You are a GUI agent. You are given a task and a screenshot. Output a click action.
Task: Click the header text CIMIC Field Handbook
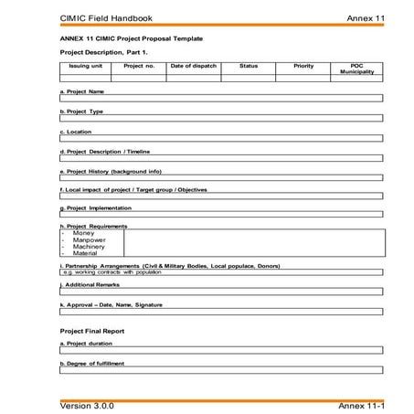click(105, 17)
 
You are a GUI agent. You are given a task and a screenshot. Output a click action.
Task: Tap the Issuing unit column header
click(85, 66)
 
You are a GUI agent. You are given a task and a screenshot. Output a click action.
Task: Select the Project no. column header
click(139, 66)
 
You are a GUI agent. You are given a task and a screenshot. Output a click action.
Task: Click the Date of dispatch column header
click(193, 66)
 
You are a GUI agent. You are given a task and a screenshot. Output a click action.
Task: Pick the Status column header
click(249, 66)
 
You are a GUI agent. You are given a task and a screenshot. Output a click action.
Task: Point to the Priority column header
click(303, 66)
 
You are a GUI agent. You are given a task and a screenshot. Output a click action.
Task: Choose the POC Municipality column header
click(356, 69)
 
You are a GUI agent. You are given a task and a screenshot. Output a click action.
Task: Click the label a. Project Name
click(82, 91)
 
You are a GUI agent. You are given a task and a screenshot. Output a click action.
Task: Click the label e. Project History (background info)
click(111, 171)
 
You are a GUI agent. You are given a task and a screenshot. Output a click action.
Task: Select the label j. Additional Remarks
click(90, 285)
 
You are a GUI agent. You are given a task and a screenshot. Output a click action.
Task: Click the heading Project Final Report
click(92, 330)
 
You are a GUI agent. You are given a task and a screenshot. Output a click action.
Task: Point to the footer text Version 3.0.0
click(88, 403)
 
